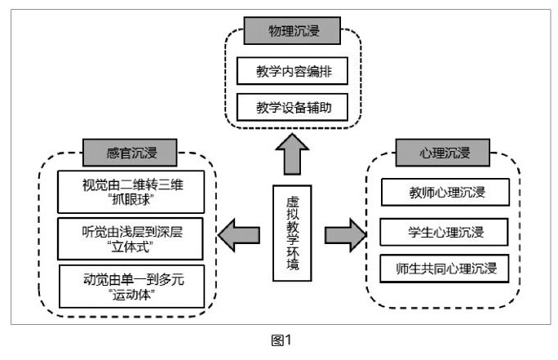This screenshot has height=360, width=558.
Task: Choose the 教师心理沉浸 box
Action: coord(445,193)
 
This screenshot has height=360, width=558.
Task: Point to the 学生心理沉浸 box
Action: coord(445,232)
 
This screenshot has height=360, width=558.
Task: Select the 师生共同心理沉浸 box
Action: coord(445,268)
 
